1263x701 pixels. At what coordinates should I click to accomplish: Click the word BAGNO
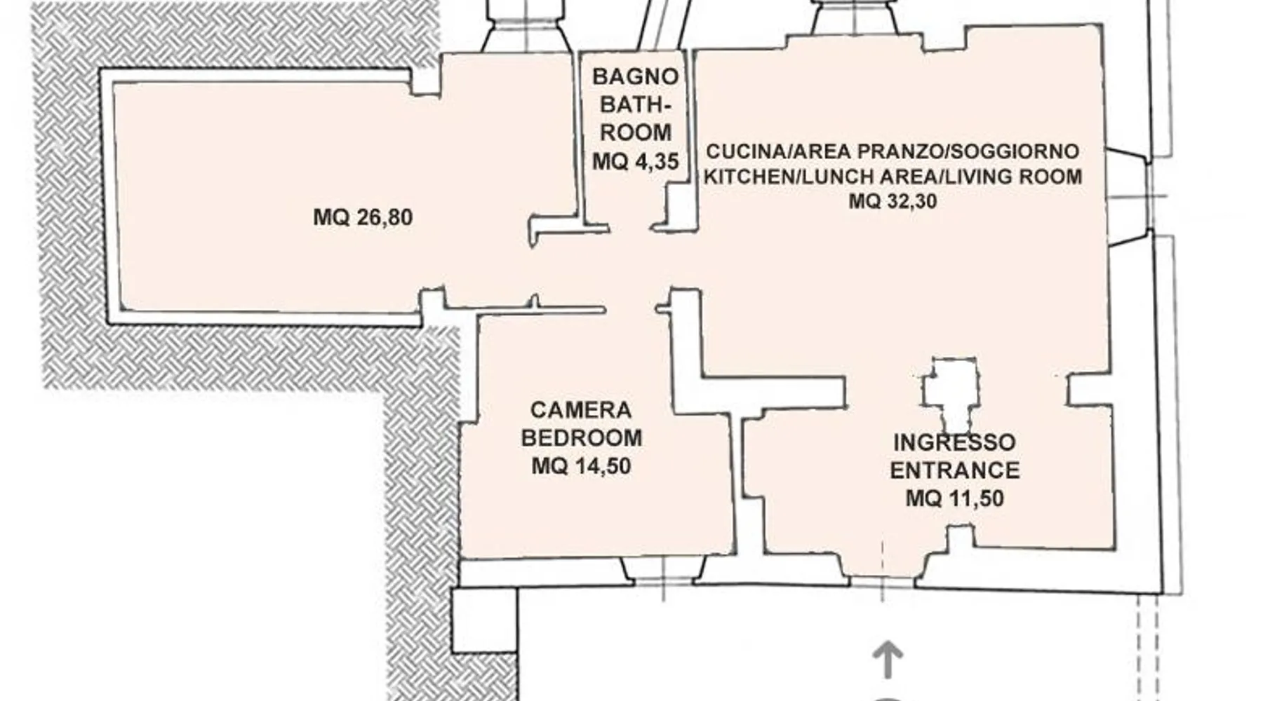tap(635, 76)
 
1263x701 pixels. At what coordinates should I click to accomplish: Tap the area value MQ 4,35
tap(635, 162)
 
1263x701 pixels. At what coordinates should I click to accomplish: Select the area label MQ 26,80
tap(363, 217)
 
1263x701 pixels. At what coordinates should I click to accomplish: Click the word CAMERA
tap(581, 410)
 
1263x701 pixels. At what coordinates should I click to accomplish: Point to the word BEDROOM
tap(581, 438)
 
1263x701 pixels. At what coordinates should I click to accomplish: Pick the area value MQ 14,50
tap(581, 466)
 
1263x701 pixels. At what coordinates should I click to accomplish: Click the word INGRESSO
tap(954, 442)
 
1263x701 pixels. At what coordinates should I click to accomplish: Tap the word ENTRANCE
tap(954, 470)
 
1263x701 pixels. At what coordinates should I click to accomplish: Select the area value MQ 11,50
tap(954, 498)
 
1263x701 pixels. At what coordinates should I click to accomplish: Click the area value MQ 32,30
tap(893, 202)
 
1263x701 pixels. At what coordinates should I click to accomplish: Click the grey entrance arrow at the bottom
tap(888, 659)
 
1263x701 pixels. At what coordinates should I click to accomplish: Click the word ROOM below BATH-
tap(635, 132)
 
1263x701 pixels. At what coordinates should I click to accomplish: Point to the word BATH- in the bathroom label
tap(635, 104)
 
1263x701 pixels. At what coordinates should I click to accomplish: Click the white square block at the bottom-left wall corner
tap(484, 620)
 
